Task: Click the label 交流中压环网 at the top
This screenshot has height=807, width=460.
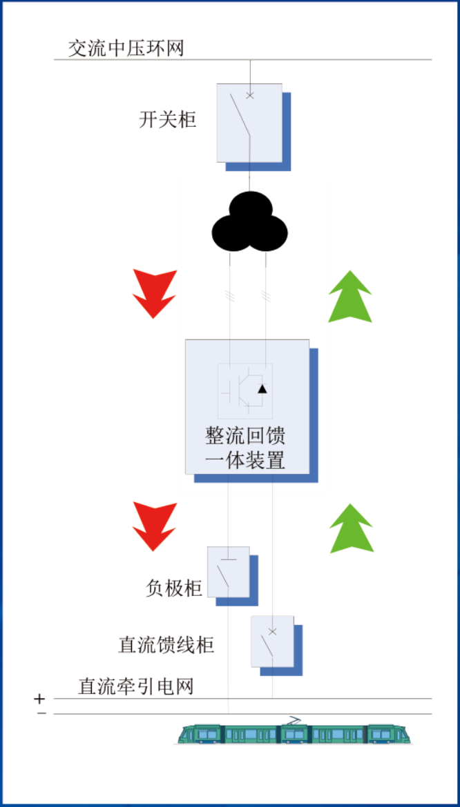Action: [126, 48]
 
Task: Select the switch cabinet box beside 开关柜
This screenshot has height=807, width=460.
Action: [249, 122]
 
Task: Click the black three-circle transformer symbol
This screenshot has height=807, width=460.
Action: [249, 221]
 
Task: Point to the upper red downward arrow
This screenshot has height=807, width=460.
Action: [155, 293]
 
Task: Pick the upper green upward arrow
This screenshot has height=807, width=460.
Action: [350, 296]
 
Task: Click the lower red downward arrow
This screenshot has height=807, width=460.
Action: [155, 526]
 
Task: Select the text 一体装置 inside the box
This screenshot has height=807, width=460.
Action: [246, 460]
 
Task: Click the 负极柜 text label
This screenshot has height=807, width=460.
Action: [174, 588]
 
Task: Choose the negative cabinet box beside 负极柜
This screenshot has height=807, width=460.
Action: [229, 572]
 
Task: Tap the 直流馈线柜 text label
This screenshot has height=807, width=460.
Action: [166, 645]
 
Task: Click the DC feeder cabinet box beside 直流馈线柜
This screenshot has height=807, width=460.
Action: [272, 641]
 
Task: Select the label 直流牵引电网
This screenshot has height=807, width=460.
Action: [135, 686]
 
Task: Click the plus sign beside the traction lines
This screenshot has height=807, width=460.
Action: [40, 699]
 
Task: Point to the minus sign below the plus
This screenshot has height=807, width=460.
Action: [41, 713]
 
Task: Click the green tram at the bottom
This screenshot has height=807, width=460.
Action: [294, 733]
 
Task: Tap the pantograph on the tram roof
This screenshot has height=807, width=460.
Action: [295, 720]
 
